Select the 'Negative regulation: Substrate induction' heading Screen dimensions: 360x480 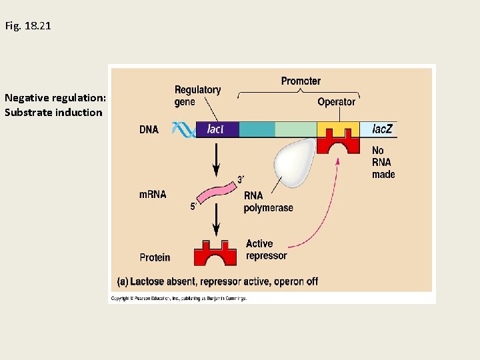[x=53, y=105]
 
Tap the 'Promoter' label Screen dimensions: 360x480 [x=301, y=81]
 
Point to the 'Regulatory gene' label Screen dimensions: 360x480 [x=197, y=95]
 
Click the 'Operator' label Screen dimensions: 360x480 [x=336, y=102]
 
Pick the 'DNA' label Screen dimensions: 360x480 [x=149, y=129]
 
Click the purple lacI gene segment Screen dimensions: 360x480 [x=217, y=129]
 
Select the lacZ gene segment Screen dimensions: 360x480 [x=379, y=129]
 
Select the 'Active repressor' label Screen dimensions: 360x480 [x=266, y=249]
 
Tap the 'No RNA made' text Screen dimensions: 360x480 [x=383, y=163]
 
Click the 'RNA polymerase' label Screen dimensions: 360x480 [x=268, y=201]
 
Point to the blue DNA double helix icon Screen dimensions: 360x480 [x=184, y=129]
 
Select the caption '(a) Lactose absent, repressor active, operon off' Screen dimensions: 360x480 [x=217, y=281]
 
